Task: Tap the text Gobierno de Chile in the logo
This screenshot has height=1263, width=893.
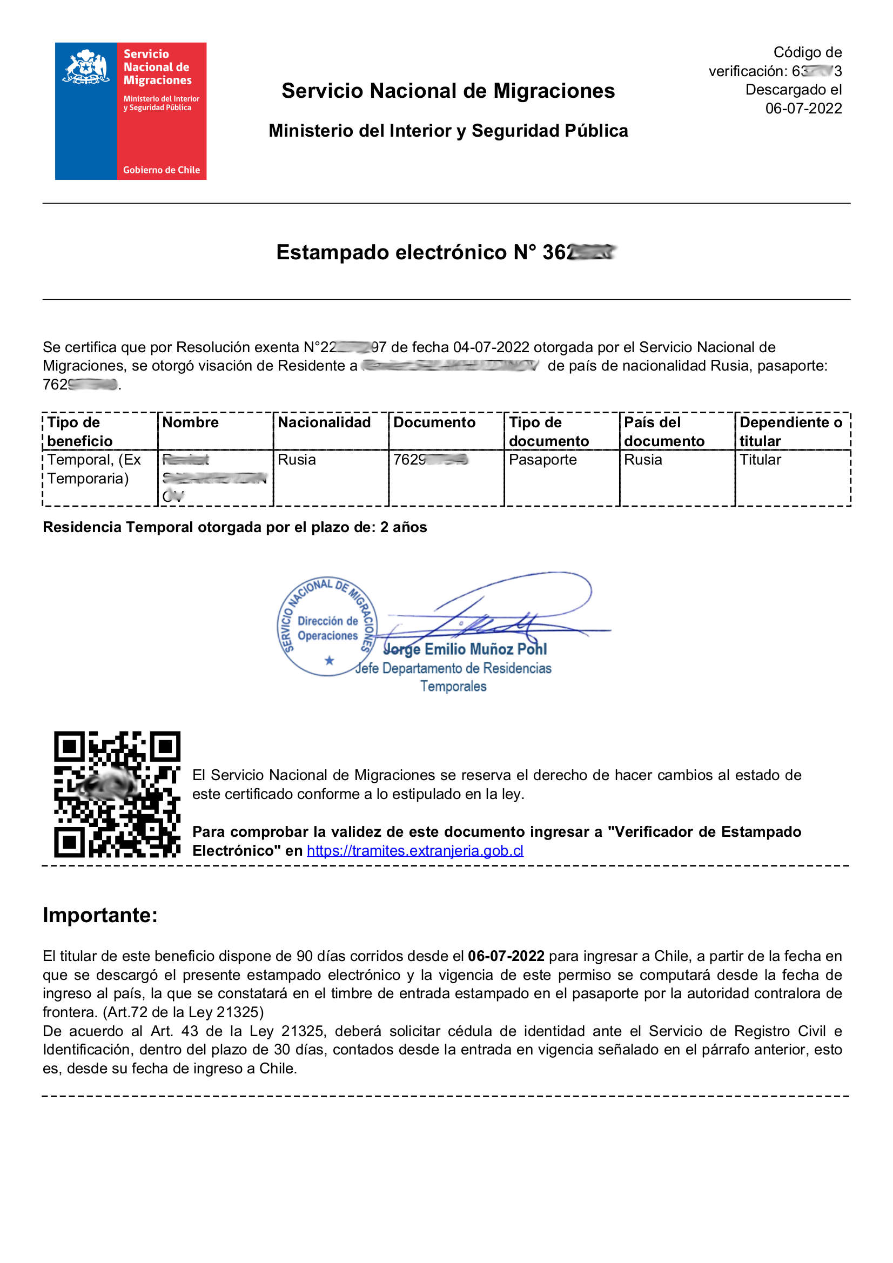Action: point(161,170)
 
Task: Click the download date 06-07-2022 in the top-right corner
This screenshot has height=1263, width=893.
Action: point(803,109)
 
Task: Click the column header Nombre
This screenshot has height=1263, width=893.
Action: point(190,422)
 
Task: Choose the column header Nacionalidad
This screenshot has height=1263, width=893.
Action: point(324,422)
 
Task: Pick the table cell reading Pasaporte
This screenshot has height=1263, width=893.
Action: point(542,460)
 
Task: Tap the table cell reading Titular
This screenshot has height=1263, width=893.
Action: point(760,460)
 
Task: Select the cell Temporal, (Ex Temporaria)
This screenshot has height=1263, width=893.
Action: point(94,469)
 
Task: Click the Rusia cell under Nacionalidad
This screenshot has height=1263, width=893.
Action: point(297,460)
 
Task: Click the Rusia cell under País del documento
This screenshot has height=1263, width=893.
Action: point(643,460)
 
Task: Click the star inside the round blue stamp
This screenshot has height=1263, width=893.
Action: point(329,660)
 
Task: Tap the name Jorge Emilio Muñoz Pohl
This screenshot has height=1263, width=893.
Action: point(466,650)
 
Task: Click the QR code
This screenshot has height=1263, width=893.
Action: point(117,794)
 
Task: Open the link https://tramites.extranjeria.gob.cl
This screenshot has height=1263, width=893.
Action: point(415,851)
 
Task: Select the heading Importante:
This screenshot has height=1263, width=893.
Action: point(100,915)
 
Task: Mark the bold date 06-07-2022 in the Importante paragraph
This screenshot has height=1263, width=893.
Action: point(506,956)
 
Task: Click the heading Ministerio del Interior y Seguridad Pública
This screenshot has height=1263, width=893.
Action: point(448,131)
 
